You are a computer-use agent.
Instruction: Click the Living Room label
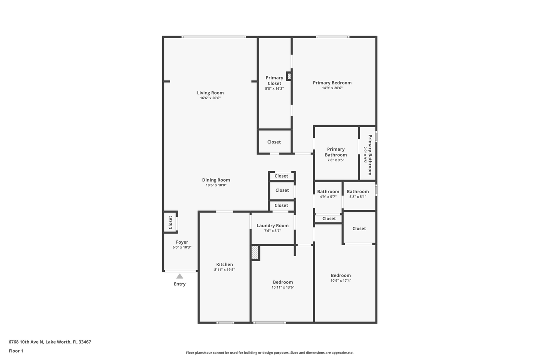pos(210,93)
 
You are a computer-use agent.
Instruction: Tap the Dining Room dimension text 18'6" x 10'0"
pos(216,185)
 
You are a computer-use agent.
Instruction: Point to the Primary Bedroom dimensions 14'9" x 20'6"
pos(332,88)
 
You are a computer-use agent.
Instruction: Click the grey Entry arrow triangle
pos(180,276)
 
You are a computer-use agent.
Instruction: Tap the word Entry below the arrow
pos(180,284)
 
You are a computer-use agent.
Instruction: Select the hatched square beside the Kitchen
pos(255,253)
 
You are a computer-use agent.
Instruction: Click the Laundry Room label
pos(273,226)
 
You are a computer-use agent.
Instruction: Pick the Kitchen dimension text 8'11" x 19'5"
pos(224,270)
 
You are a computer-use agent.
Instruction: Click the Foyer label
pos(182,242)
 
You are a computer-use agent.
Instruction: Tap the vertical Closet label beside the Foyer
pos(170,222)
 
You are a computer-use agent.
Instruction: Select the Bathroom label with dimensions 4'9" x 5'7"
pos(328,192)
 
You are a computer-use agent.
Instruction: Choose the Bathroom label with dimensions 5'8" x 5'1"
pos(358,192)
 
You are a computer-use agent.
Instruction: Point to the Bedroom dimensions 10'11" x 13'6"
pos(283,287)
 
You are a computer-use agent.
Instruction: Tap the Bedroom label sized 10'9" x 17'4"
pos(341,275)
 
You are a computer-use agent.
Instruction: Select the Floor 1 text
pos(16,351)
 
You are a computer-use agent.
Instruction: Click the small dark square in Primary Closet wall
pos(289,76)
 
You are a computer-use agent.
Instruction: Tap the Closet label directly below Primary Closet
pos(274,142)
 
